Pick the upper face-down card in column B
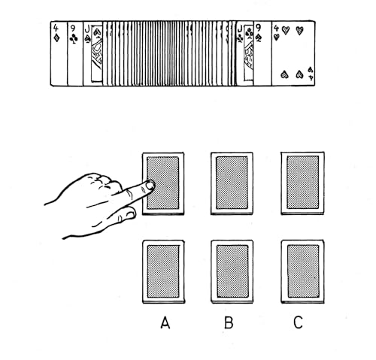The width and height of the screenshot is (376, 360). pyautogui.click(x=232, y=183)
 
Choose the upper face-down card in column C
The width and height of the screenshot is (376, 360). pyautogui.click(x=302, y=183)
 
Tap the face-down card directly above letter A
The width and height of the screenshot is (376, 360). pyautogui.click(x=163, y=271)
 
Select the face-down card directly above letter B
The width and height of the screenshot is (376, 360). pyautogui.click(x=232, y=271)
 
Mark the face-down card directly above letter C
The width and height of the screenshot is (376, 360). pyautogui.click(x=302, y=271)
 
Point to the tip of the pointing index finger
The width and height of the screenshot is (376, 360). pyautogui.click(x=150, y=185)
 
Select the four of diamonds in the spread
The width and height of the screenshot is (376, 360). pyautogui.click(x=59, y=53)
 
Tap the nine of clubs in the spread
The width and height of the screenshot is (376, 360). pyautogui.click(x=74, y=53)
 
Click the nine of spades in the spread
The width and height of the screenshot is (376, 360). pyautogui.click(x=259, y=53)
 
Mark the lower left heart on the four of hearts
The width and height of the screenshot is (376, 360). pyautogui.click(x=284, y=74)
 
